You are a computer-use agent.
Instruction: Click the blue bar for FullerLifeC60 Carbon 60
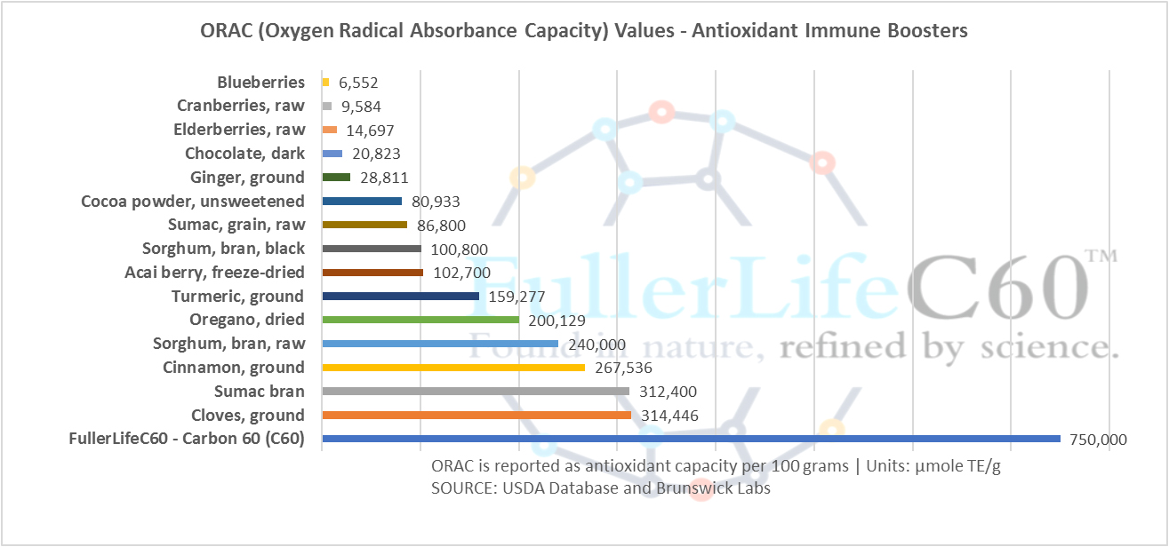[691, 439]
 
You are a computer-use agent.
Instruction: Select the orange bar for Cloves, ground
[476, 415]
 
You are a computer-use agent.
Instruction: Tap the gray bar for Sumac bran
[476, 391]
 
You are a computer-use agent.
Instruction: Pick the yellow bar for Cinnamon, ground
[453, 367]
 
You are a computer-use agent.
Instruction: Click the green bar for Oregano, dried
[420, 320]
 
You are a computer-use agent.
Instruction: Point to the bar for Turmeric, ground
[401, 296]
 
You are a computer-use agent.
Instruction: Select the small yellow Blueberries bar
[326, 82]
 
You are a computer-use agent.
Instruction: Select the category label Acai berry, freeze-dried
[214, 272]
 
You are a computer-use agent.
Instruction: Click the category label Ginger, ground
[247, 177]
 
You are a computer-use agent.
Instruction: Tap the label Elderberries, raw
[239, 130]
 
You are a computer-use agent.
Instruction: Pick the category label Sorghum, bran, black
[223, 248]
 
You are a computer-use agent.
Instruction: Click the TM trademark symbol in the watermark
[1101, 257]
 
